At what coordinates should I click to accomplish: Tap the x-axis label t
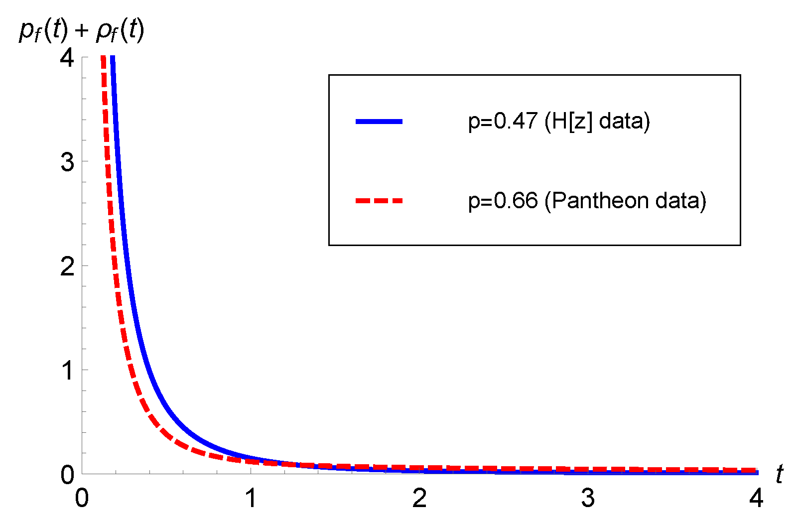tap(779, 474)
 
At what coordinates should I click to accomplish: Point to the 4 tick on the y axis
tap(67, 58)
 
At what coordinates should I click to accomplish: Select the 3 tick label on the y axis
tap(67, 162)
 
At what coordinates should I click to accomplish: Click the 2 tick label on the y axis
tap(67, 266)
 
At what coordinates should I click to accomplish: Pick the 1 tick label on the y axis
tap(68, 371)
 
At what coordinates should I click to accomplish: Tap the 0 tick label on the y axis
tap(67, 475)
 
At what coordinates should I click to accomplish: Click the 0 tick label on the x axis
tap(82, 498)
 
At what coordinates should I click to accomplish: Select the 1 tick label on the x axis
tap(251, 498)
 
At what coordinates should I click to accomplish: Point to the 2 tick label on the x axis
tap(419, 498)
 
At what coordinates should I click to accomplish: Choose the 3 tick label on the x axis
tap(588, 498)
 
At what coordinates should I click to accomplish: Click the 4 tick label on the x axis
tap(756, 498)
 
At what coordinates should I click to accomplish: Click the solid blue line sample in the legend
tap(379, 122)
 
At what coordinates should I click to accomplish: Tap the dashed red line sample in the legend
tap(379, 201)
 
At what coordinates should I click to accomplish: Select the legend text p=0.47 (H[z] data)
tap(559, 122)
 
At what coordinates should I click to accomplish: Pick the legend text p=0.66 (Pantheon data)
tap(587, 201)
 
